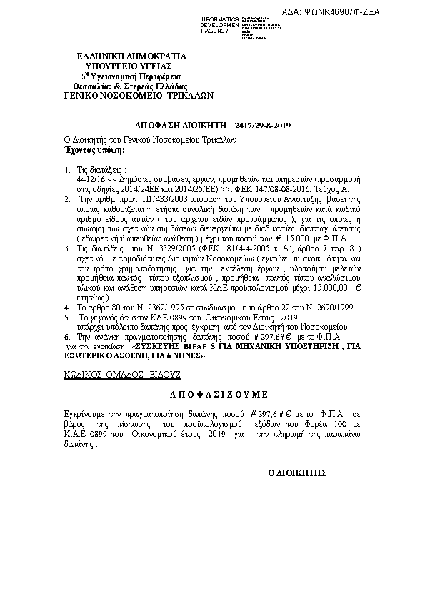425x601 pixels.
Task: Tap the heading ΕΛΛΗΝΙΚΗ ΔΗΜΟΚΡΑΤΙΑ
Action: pyautogui.click(x=132, y=56)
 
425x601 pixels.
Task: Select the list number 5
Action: pyautogui.click(x=67, y=315)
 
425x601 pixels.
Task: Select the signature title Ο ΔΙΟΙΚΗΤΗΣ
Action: pyautogui.click(x=296, y=473)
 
